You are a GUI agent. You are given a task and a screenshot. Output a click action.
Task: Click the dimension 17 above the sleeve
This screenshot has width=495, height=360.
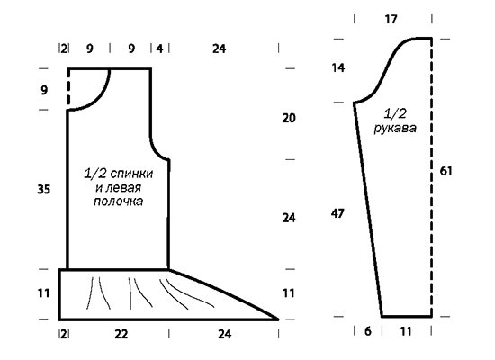[x=391, y=20]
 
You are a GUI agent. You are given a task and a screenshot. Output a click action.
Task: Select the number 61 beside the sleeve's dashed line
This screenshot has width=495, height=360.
[x=445, y=171]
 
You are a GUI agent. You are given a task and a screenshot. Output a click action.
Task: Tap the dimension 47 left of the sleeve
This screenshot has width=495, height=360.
[x=337, y=214]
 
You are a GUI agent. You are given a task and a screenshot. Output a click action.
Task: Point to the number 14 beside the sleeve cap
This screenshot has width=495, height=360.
[x=338, y=67]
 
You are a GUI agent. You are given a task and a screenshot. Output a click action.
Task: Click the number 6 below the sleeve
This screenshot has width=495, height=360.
[x=368, y=331]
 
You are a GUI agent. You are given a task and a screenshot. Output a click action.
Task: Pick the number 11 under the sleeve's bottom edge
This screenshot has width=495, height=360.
[x=406, y=331]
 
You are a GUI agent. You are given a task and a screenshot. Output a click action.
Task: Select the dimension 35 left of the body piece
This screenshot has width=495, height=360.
[x=44, y=190]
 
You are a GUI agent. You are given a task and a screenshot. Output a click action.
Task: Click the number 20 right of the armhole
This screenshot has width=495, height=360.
[x=289, y=118]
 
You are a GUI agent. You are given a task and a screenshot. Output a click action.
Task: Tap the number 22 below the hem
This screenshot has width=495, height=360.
[x=121, y=334]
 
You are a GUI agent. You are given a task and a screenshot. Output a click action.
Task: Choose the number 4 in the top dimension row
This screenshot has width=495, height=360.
[x=160, y=49]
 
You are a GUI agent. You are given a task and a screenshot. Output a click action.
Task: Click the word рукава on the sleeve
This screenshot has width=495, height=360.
[x=395, y=129]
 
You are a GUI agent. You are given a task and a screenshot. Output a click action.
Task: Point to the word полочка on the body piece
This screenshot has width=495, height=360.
[x=119, y=202]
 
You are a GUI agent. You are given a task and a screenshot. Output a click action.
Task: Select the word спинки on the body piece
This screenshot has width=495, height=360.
[x=131, y=174]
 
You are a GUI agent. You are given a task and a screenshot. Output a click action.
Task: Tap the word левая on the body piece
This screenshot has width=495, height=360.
[x=122, y=187]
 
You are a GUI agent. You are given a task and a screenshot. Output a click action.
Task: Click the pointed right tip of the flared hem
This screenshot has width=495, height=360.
[x=278, y=319]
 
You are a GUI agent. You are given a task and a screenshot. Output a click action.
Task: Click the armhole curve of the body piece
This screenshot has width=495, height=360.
[x=157, y=151]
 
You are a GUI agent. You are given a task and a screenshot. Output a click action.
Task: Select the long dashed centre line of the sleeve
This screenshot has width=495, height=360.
[x=431, y=177]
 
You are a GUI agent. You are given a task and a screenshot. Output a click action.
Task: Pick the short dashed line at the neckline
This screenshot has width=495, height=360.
[x=68, y=89]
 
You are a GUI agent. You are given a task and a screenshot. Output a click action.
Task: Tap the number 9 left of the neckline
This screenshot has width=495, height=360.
[x=44, y=90]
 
